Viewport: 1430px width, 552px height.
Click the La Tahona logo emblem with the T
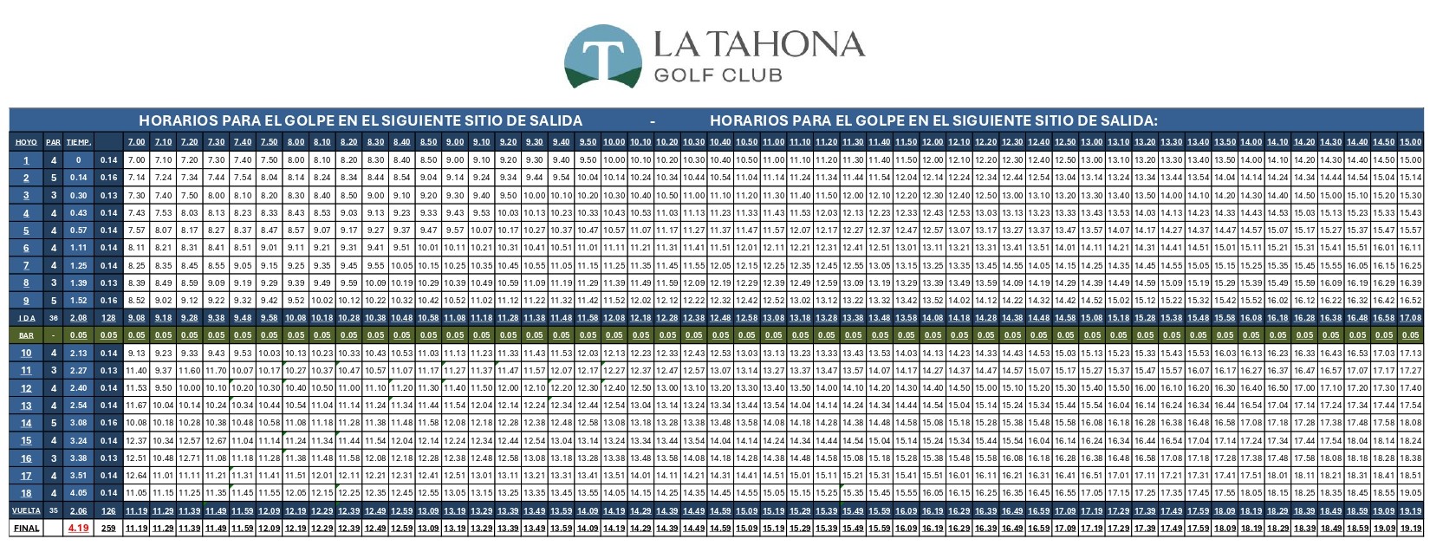coord(603,55)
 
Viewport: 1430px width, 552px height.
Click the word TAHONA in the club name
coord(784,45)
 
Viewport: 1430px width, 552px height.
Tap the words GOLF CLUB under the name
coord(718,75)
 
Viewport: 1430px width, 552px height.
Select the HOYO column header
coord(26,142)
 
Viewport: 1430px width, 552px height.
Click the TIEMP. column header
coord(79,142)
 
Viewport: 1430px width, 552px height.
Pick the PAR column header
coord(54,142)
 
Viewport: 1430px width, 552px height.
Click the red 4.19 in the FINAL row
coord(79,528)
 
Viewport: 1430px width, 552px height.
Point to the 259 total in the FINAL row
coord(108,528)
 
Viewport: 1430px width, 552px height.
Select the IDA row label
coord(26,317)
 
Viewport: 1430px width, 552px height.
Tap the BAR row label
coord(26,334)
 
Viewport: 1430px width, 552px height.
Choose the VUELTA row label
coord(26,510)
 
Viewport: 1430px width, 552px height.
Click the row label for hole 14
coord(26,423)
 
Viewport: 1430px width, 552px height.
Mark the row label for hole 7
coord(26,264)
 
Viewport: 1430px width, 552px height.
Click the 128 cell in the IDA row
coord(108,317)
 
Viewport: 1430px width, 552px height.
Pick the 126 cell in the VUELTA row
coord(108,510)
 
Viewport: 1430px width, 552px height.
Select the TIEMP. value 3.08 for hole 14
coord(79,423)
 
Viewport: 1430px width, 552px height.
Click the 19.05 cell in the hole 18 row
coord(1410,493)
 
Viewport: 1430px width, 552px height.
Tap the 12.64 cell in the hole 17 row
coord(136,475)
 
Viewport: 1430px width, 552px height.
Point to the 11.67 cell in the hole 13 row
coord(136,405)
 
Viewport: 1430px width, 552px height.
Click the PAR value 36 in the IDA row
coord(54,317)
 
